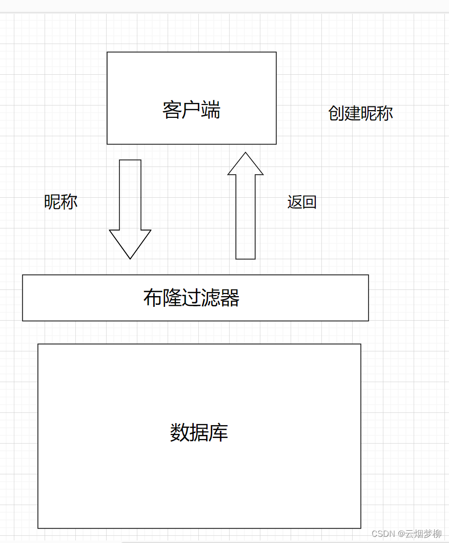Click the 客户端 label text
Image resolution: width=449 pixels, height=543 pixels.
pos(191,110)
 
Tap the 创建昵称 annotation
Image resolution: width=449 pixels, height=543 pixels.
pos(360,113)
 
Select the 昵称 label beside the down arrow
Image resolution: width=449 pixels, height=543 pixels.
pos(60,202)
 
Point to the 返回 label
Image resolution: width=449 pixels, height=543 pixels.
pos(302,202)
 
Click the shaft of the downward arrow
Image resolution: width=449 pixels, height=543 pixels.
pos(130,195)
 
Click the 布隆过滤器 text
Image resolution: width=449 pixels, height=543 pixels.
pos(191,298)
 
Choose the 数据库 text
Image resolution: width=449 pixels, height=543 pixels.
pos(199,433)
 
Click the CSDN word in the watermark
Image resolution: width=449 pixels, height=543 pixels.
pos(382,534)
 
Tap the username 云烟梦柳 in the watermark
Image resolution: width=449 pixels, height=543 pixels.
pos(423,534)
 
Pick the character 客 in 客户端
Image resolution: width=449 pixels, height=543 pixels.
pos(172,110)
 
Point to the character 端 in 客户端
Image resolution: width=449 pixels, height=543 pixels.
pos(211,110)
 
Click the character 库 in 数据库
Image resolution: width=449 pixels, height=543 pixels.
pos(218,433)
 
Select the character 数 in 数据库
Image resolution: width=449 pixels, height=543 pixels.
pos(179,433)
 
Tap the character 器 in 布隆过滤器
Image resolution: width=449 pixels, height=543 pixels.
pos(230,298)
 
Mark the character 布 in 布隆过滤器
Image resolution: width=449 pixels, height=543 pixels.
pos(153,298)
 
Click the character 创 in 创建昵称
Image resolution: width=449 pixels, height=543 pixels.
pos(336,113)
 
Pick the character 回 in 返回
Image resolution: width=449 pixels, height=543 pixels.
pos(310,202)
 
